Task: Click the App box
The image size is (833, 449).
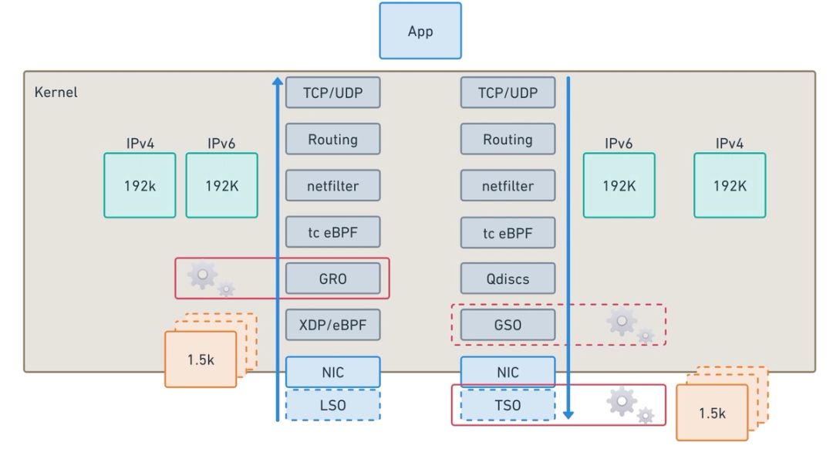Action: pos(420,31)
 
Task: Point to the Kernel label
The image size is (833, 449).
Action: pos(56,93)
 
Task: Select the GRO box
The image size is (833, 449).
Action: pos(333,279)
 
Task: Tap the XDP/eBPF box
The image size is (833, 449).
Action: pos(333,325)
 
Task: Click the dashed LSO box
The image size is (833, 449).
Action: pos(333,405)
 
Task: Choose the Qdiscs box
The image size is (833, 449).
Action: pos(508,279)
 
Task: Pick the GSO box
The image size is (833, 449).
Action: pos(508,325)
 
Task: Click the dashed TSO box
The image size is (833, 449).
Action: pos(508,405)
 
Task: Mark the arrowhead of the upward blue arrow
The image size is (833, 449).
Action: pos(278,80)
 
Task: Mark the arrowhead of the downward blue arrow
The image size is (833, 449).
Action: pos(568,414)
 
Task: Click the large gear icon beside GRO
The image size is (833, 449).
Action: pos(202,274)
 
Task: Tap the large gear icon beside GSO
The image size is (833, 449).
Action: pos(622,322)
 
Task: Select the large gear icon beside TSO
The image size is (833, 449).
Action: pos(622,401)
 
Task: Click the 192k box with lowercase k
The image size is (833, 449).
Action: pos(140,185)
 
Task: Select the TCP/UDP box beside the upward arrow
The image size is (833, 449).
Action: pos(333,93)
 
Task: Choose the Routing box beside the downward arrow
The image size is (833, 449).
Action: pos(508,140)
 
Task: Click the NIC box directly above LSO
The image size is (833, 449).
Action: pos(333,372)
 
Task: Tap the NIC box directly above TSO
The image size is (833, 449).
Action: pos(508,372)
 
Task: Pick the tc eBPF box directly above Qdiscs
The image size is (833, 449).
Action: pos(508,232)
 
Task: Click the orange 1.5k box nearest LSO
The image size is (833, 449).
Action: pos(201,359)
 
